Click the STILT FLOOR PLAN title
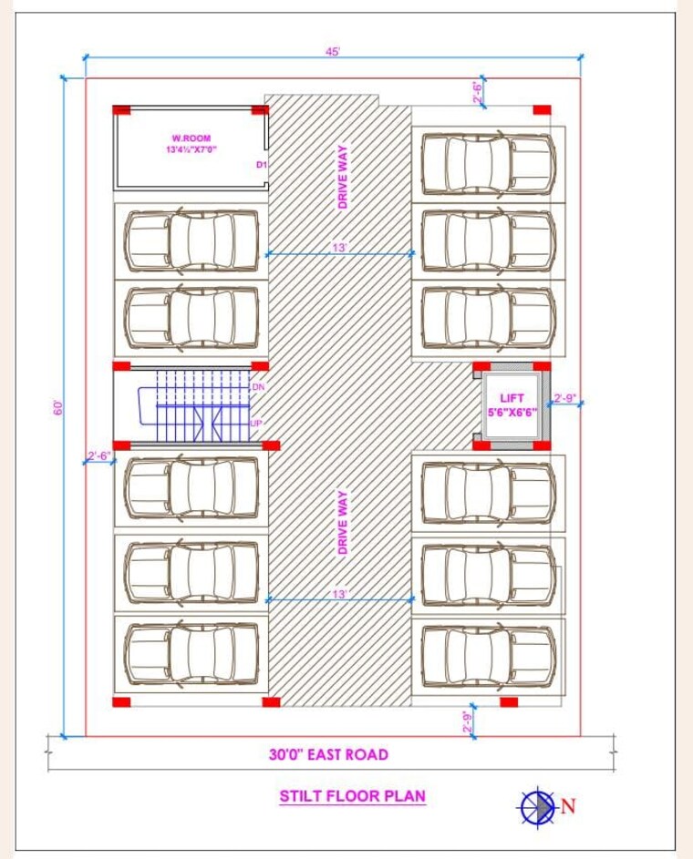[352, 796]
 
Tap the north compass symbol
[538, 804]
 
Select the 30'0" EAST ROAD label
[328, 754]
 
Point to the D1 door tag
[260, 165]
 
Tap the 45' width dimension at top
[332, 52]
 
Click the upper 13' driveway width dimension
[339, 248]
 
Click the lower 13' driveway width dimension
[339, 594]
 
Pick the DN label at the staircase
[257, 387]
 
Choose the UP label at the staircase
[256, 424]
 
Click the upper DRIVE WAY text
[344, 178]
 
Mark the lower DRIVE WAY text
[344, 523]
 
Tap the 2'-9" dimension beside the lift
[565, 397]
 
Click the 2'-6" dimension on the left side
[98, 455]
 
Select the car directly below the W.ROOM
[191, 241]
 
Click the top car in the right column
[489, 164]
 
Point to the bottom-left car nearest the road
[191, 654]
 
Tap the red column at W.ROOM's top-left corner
[122, 110]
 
